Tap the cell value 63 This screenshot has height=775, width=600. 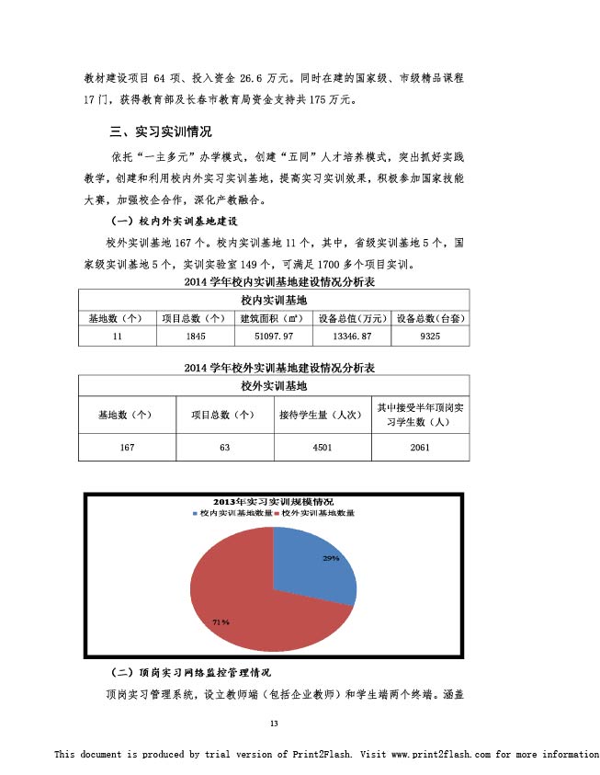tap(223, 447)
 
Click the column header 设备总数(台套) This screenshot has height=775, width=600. tap(429, 318)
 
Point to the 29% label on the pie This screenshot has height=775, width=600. tap(330, 559)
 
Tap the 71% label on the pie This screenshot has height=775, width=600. tap(221, 622)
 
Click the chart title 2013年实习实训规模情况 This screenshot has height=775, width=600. tap(273, 502)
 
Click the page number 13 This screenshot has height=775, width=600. tap(273, 723)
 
